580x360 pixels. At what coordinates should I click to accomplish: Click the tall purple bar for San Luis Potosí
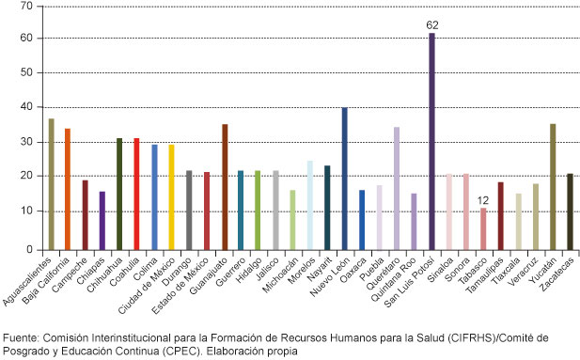pos(431,141)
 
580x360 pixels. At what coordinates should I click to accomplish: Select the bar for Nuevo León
pos(344,179)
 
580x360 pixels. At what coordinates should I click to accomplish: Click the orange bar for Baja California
pos(68,189)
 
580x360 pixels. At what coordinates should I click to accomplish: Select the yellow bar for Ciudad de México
pos(171,197)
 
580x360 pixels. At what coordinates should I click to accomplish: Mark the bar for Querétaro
pos(397,188)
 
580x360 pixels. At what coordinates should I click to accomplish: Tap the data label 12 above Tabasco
pos(482,200)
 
